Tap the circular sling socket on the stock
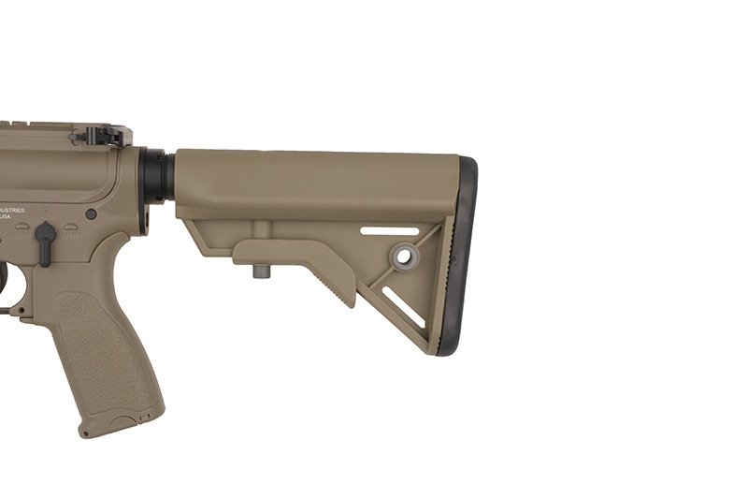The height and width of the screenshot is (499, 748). (404, 256)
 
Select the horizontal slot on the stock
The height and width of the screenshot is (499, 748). (389, 230)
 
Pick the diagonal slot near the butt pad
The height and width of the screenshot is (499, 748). (404, 308)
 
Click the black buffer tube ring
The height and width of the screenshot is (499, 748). (155, 177)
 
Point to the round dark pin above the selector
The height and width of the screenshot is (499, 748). (91, 214)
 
